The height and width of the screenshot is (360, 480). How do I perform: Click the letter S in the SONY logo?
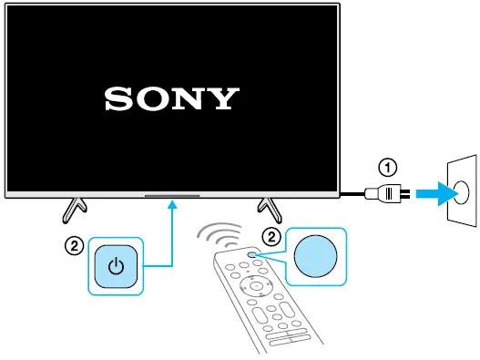click(117, 98)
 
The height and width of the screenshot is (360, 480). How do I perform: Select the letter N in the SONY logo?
click(189, 98)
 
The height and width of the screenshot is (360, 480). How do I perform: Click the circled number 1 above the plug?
click(388, 167)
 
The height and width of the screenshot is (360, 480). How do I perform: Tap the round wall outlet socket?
click(460, 192)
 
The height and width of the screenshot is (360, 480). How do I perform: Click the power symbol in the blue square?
click(115, 267)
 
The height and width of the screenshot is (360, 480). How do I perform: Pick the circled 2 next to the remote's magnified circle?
click(271, 235)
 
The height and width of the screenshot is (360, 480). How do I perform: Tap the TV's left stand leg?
click(73, 208)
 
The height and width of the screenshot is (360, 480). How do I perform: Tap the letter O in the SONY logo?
click(152, 98)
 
